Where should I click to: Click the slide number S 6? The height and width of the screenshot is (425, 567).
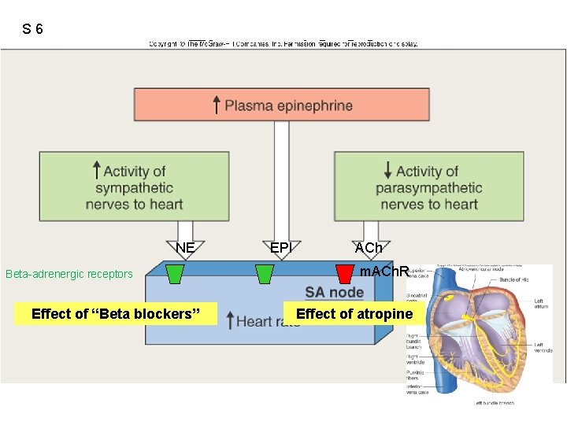click(32, 29)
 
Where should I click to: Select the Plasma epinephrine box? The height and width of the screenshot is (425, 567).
click(283, 105)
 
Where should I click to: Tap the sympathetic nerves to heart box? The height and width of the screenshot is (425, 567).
click(134, 187)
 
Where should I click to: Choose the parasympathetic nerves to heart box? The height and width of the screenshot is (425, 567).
click(428, 187)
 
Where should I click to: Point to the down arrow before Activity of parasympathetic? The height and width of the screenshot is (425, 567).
click(387, 170)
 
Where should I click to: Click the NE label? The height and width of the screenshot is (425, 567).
click(185, 248)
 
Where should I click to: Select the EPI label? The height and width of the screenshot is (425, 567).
click(281, 248)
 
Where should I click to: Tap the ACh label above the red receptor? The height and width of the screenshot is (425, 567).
click(369, 248)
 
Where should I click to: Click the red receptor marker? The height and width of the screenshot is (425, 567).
click(344, 273)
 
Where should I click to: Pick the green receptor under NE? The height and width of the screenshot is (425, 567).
click(175, 273)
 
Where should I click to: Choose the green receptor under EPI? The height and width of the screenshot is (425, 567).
click(265, 273)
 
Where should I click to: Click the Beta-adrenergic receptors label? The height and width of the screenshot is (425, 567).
click(69, 275)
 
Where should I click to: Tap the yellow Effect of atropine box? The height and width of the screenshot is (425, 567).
click(354, 314)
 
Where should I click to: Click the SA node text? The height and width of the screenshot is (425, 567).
click(334, 293)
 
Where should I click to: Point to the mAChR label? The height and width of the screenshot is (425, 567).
click(384, 272)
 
